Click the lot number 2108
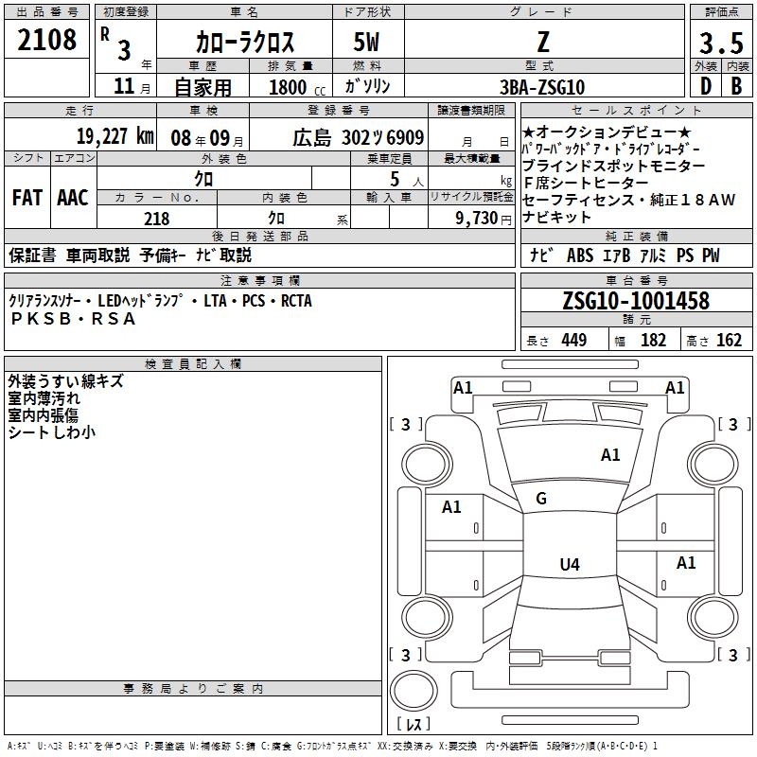pyautogui.click(x=47, y=41)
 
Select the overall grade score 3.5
pyautogui.click(x=721, y=44)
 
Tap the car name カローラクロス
pyautogui.click(x=245, y=43)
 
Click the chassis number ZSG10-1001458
pyautogui.click(x=635, y=301)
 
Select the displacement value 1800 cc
pyautogui.click(x=290, y=87)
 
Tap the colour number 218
pyautogui.click(x=157, y=219)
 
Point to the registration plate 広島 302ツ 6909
pyautogui.click(x=359, y=136)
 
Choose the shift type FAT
pyautogui.click(x=26, y=198)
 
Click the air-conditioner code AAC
pyautogui.click(x=73, y=198)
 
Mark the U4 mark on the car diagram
pyautogui.click(x=569, y=565)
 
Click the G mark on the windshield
pyautogui.click(x=541, y=499)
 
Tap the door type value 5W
pyautogui.click(x=368, y=43)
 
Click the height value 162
pyautogui.click(x=730, y=341)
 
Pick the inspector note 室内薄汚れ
pyautogui.click(x=44, y=398)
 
